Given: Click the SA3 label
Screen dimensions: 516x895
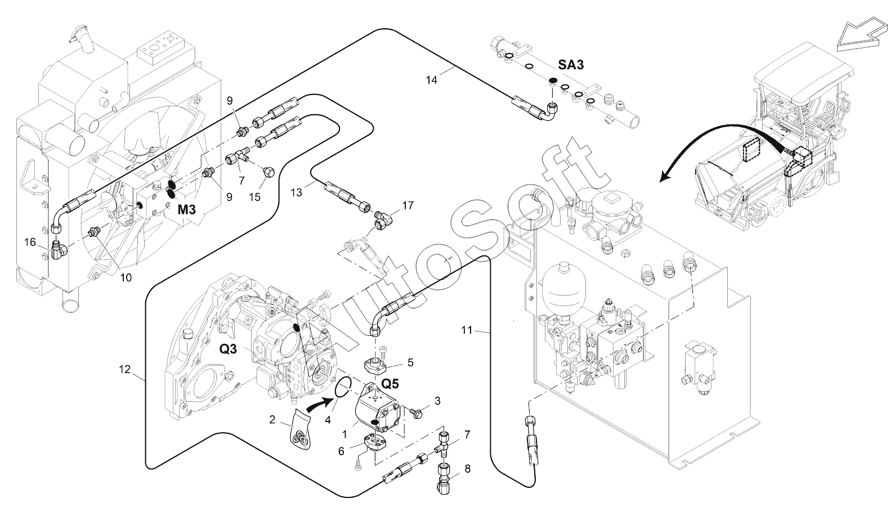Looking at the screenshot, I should pos(571,65).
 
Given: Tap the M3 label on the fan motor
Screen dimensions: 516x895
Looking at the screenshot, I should pos(187,210).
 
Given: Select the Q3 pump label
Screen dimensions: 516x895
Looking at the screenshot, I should pos(228,349).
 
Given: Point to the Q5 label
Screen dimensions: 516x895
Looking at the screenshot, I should pos(390,384).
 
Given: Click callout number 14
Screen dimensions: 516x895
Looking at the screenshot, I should pos(431,80).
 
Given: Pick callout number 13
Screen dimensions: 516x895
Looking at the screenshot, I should pos(297,192).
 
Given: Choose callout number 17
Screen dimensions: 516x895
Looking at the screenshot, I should pos(408,206).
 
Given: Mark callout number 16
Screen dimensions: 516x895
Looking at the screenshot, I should pos(30,242).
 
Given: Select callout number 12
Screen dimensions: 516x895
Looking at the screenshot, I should pos(124,370).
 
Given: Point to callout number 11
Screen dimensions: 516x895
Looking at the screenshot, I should pos(467,330).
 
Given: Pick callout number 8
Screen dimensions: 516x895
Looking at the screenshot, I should pos(467,468).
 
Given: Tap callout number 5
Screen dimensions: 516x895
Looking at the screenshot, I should pos(410,363).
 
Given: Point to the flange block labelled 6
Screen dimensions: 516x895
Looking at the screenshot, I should pos(374,441).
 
